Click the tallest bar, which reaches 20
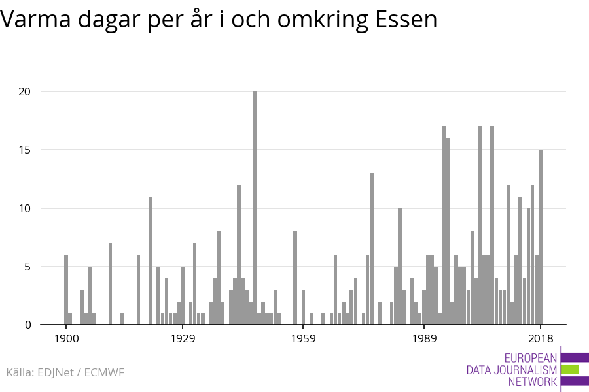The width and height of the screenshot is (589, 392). coord(255,209)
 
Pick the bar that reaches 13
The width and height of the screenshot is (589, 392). coord(372,249)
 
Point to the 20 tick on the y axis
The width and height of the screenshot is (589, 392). coord(24,91)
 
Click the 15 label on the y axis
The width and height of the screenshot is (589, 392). coord(24,150)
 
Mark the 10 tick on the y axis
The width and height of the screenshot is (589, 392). coord(24,208)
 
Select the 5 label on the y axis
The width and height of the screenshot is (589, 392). coord(27,267)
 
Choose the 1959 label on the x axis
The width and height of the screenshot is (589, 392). coord(304,338)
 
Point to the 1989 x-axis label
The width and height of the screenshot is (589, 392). coord(425,338)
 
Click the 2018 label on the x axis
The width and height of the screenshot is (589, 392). coord(541,338)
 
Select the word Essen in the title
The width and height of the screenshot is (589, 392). coord(406,20)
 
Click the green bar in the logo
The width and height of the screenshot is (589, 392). coord(570,370)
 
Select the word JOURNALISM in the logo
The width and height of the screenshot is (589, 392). coord(524,370)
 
